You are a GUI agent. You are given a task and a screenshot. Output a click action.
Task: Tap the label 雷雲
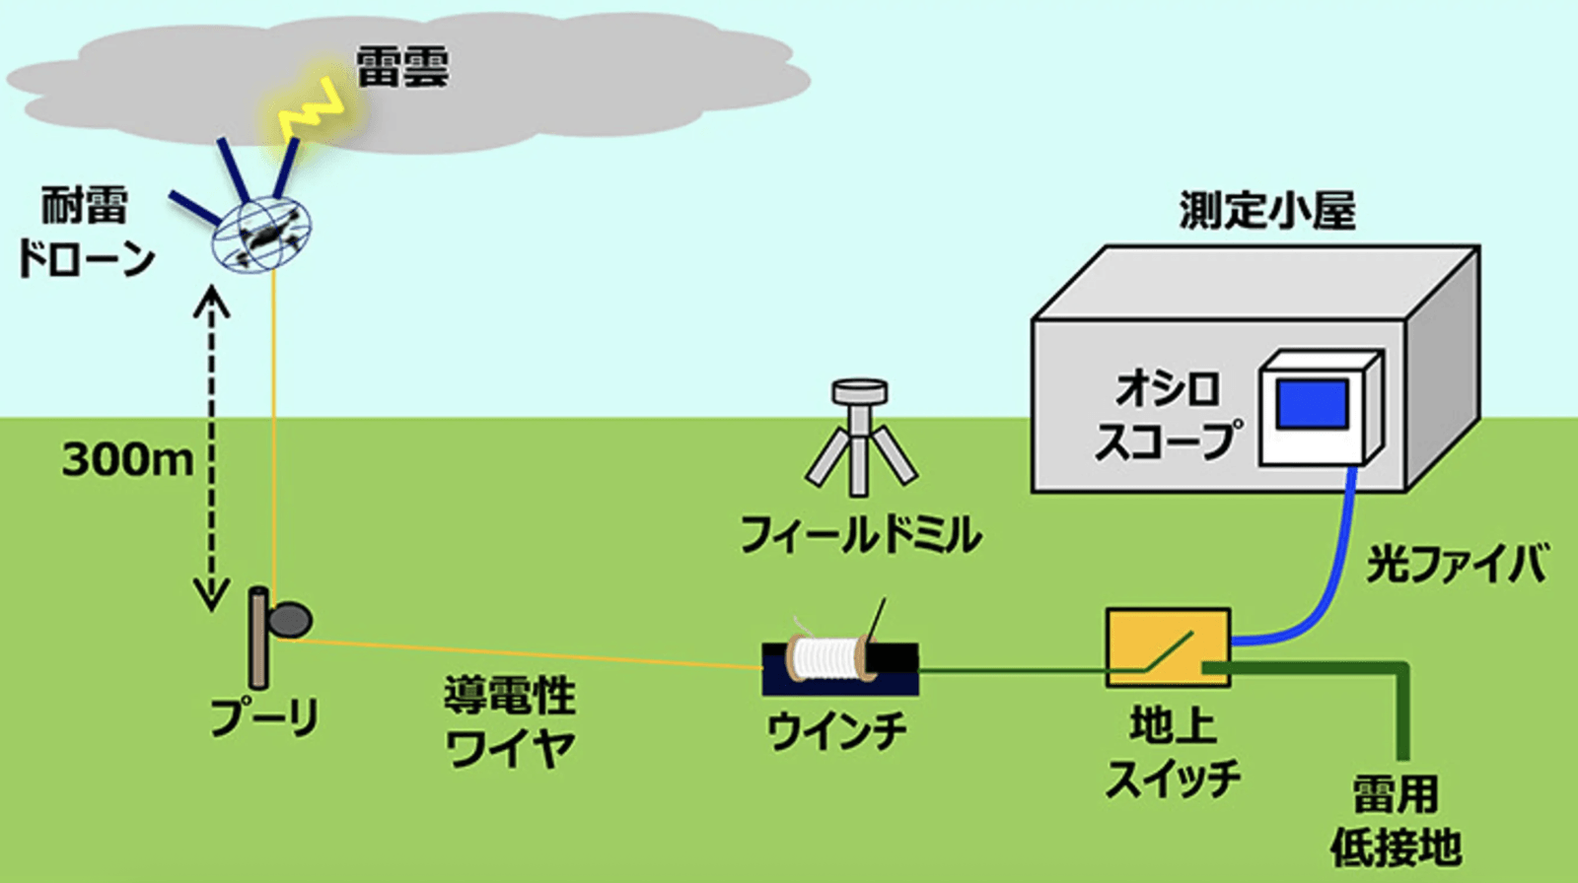(401, 67)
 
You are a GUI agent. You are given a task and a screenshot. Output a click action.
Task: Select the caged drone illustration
(262, 233)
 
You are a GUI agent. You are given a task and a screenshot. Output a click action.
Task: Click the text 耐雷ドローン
(86, 233)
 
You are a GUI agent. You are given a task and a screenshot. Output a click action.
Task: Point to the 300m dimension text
(127, 459)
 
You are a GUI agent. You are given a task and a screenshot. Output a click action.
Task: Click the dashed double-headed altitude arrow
(211, 448)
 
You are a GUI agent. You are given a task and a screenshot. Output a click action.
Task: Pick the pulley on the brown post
(290, 619)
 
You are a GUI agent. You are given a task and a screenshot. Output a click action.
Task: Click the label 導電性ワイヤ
(509, 722)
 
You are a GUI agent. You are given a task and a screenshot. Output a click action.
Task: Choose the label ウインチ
(836, 731)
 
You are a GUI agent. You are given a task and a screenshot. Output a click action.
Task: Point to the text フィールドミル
(860, 535)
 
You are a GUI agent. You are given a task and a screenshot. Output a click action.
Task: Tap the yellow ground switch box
(1168, 646)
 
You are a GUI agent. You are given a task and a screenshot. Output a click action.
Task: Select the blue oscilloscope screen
(1313, 404)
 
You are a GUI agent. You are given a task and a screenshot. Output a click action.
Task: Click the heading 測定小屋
(1267, 210)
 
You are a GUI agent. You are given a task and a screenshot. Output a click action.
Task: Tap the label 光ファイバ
(1456, 564)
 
